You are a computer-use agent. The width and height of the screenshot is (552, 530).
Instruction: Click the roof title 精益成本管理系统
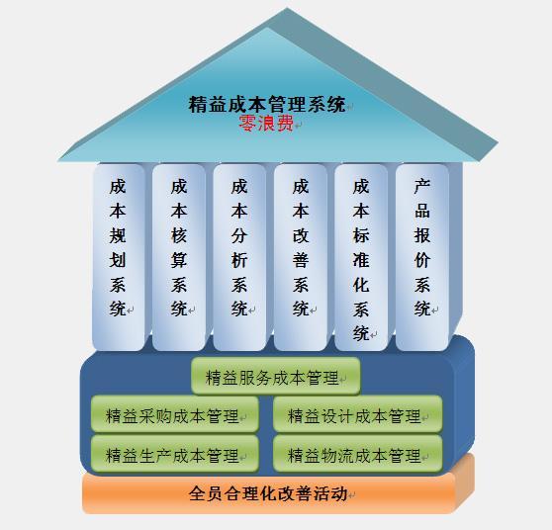coord(267,105)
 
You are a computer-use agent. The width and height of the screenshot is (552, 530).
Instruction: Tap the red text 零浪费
coord(266,124)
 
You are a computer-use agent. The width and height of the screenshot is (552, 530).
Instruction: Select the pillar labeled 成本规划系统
coord(119,257)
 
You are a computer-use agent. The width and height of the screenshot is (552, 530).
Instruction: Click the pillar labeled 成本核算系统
coord(179,257)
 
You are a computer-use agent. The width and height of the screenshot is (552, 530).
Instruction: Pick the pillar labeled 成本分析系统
coord(239,257)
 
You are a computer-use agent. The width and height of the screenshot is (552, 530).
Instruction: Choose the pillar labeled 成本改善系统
coord(301,257)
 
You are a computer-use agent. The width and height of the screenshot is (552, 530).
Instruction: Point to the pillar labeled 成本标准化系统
coord(361,257)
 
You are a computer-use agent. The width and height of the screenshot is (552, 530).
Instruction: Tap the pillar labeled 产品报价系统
coord(422,257)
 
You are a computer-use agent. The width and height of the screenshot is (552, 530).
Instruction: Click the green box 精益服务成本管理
coord(276,376)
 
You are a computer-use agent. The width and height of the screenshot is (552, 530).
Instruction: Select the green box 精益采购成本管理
coord(175,414)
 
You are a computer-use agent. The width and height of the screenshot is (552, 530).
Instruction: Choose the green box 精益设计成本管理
coord(358,414)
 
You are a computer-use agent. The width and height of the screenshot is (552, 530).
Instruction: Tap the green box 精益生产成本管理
coord(175,454)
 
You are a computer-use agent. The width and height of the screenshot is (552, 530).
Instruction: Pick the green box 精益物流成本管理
coord(358,454)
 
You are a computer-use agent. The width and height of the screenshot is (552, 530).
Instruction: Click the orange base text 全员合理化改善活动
coord(268,493)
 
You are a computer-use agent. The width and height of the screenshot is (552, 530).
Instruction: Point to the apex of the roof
coord(287,8)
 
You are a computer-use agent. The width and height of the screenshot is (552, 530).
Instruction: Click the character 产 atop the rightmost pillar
coord(422,186)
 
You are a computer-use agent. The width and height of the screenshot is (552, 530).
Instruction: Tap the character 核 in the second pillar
coord(179,235)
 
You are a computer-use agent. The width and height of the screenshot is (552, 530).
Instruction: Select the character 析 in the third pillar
coord(239,260)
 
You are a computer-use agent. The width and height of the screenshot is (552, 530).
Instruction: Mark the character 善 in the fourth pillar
coord(301,260)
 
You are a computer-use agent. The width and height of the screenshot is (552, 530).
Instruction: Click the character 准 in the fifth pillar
coord(361,260)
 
